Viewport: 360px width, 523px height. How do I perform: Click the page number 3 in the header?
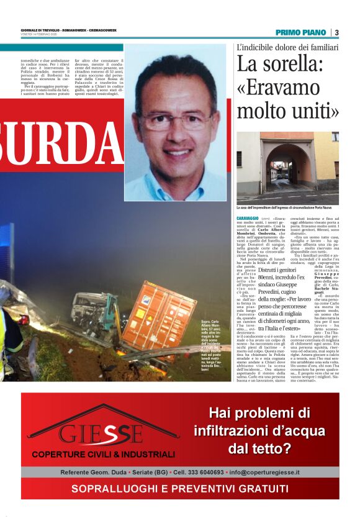click(x=336, y=32)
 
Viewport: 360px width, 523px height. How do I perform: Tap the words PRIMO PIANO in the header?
click(x=300, y=32)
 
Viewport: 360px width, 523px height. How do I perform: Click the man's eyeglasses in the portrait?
click(x=177, y=119)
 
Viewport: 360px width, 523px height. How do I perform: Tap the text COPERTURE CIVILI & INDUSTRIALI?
click(x=103, y=454)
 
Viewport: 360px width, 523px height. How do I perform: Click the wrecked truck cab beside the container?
click(x=97, y=311)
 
